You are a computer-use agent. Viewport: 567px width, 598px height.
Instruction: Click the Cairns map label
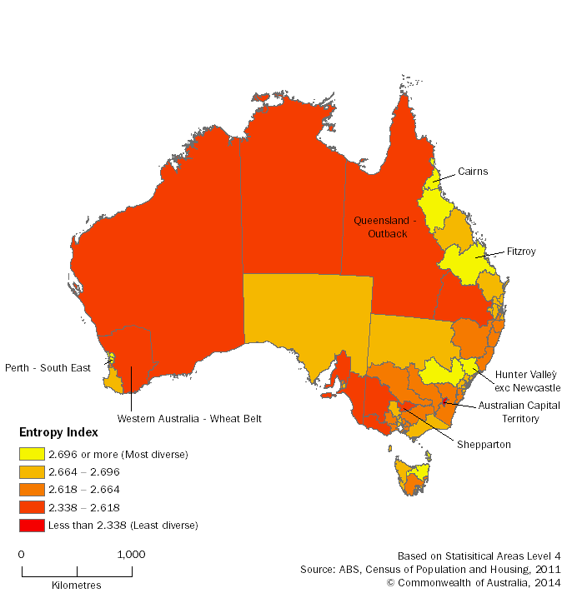tap(472, 172)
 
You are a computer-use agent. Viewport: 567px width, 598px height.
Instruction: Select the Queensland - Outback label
tap(381, 227)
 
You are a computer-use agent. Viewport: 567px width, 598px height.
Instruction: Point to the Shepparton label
tap(484, 445)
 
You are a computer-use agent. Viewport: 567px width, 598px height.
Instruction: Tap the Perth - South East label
tap(48, 367)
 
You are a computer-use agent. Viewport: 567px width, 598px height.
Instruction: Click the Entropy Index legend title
tap(58, 432)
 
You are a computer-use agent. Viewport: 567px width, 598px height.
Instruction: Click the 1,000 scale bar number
tap(131, 554)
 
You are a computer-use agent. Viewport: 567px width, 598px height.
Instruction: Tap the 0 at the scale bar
tap(21, 554)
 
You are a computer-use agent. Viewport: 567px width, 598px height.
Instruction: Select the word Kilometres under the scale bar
tap(76, 585)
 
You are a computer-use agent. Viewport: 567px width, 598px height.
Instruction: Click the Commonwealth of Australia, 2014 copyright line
tap(474, 583)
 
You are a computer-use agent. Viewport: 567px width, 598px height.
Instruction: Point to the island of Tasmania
tap(413, 479)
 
